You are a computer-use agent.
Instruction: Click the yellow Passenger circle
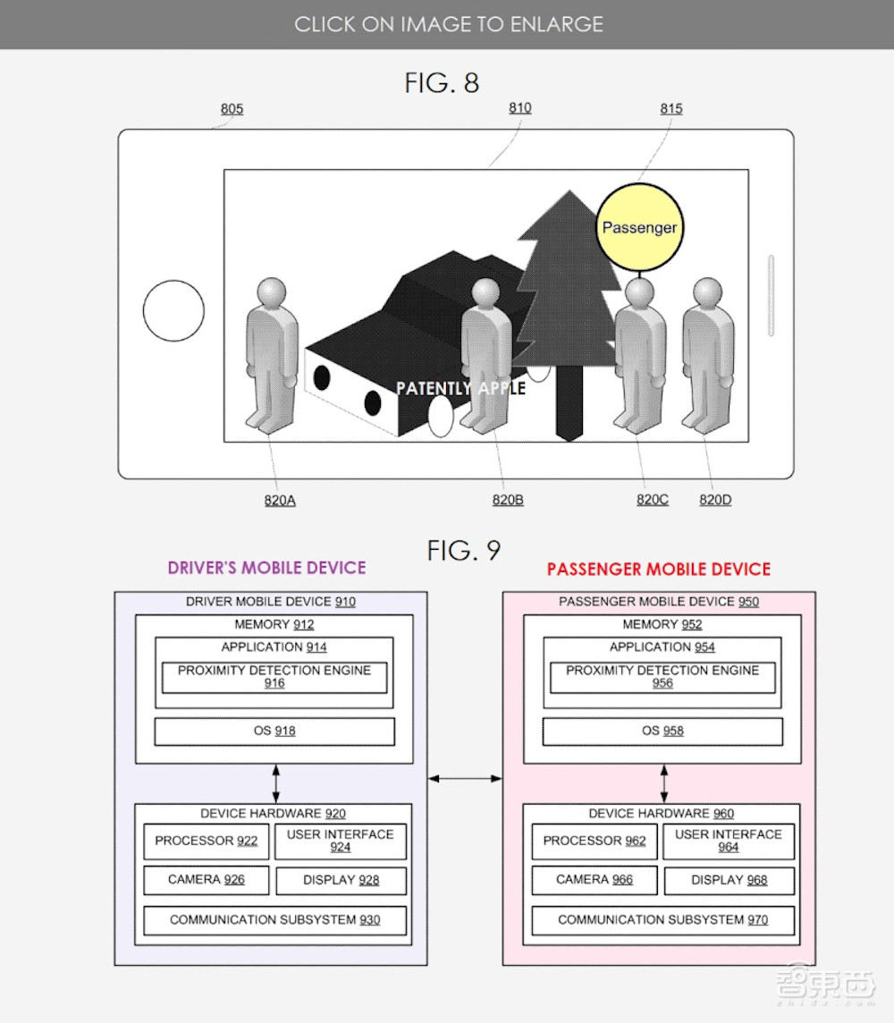click(639, 227)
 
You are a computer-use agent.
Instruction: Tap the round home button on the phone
click(173, 310)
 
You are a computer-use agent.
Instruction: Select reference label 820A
click(279, 500)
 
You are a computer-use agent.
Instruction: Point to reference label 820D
click(714, 500)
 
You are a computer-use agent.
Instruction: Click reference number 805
click(232, 109)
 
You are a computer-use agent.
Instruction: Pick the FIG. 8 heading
click(442, 83)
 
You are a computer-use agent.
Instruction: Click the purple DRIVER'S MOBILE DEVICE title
click(266, 568)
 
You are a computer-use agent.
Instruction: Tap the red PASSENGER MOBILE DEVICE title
click(658, 569)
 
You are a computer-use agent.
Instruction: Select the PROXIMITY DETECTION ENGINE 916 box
click(274, 677)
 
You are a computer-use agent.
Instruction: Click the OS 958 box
click(662, 731)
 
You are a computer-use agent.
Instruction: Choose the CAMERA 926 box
click(206, 880)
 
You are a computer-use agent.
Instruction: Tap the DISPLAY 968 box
click(729, 880)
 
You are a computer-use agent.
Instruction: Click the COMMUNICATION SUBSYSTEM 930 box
click(274, 920)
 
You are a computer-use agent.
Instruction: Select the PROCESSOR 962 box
click(595, 841)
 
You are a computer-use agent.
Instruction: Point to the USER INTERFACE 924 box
click(340, 841)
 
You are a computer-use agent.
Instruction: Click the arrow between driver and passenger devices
click(465, 779)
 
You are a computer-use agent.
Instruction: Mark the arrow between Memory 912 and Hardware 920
click(275, 783)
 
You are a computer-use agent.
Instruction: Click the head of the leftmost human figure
click(271, 292)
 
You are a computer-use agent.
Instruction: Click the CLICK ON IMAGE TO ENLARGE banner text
click(449, 24)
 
